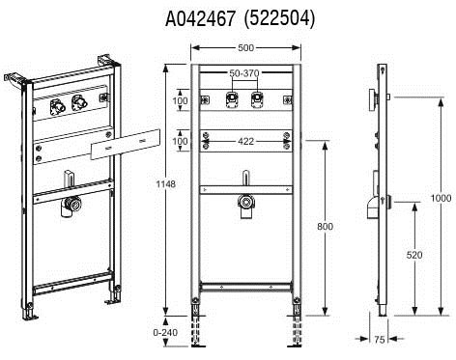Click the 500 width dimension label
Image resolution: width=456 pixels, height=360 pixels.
[x=245, y=48]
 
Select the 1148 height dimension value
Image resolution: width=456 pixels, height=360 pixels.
[x=165, y=184]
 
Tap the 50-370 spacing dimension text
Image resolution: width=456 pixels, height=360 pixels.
[x=244, y=73]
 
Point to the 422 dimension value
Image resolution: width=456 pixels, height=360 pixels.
[x=245, y=141]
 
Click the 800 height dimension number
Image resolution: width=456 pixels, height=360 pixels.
[x=325, y=227]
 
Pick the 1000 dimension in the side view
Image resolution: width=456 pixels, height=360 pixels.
[x=441, y=198]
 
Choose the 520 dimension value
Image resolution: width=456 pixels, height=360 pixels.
[x=414, y=255]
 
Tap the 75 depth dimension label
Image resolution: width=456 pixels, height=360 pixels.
[x=380, y=340]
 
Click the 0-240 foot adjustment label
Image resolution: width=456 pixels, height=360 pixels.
[x=165, y=332]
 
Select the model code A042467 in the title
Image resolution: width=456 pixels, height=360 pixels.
[x=200, y=19]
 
